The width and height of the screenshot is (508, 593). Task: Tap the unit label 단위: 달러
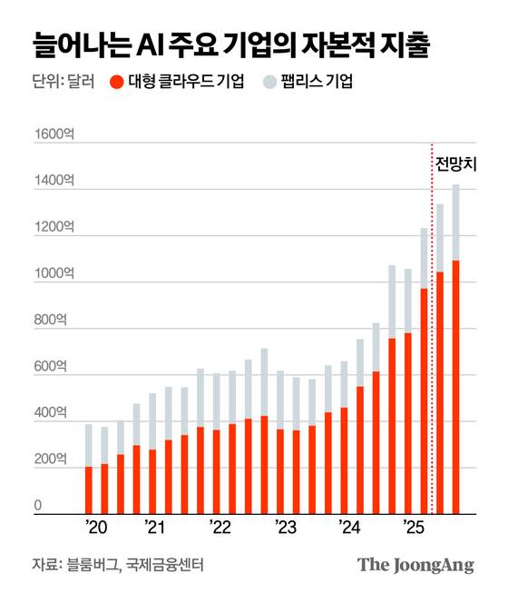pos(58,83)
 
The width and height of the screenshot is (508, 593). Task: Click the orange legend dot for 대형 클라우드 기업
pos(115,83)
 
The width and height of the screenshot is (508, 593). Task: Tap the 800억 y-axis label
pos(51,321)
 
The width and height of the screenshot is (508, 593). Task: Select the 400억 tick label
pos(51,413)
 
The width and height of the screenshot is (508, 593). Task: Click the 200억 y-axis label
pos(51,460)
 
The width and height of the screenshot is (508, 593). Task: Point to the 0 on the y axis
pos(38,506)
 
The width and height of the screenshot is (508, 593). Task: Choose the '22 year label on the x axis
pos(220,529)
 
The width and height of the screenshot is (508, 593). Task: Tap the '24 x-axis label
pos(349,529)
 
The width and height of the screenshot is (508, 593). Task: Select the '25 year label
pos(413,529)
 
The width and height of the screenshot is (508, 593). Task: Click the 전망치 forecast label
pos(456,165)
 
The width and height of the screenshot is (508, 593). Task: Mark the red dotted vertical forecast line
pos(432,363)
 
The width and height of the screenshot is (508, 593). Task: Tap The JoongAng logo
pos(416,564)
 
